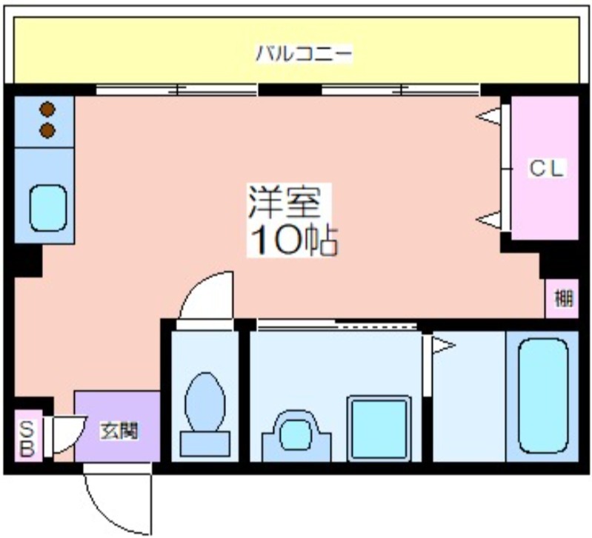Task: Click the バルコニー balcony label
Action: [x=304, y=53]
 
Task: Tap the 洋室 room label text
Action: [x=285, y=203]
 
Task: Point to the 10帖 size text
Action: [x=293, y=240]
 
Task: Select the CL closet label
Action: [x=546, y=168]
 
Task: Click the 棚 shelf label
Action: [x=563, y=298]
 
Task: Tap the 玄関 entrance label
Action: [x=119, y=431]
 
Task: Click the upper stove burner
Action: [x=47, y=110]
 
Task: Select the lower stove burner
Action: [x=47, y=130]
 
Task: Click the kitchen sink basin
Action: [x=48, y=208]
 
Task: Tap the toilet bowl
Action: [x=205, y=402]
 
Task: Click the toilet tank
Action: [x=205, y=444]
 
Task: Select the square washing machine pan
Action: [x=379, y=428]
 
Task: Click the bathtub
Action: [x=543, y=396]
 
